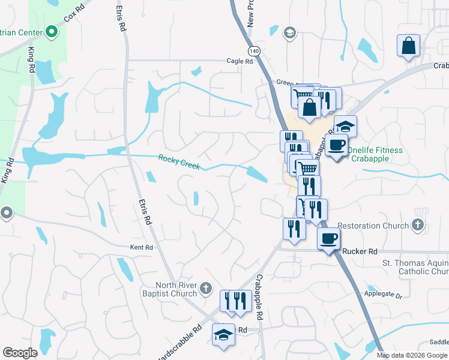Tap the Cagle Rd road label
[x=240, y=61]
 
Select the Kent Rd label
[x=142, y=247]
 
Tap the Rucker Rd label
[x=360, y=251]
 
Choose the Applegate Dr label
[x=382, y=295]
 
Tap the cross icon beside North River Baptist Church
[x=205, y=289]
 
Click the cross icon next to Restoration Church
[x=418, y=226]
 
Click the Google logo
[x=20, y=353]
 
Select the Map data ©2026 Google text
[x=412, y=355]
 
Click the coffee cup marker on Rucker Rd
[x=328, y=238]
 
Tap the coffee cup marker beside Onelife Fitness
[x=336, y=145]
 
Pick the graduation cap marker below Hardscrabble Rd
[x=223, y=334]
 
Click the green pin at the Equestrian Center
[x=52, y=31]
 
